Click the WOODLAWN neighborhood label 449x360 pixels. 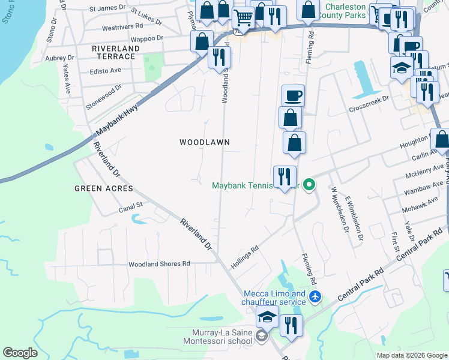click(x=205, y=142)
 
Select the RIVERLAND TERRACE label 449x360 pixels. click(x=113, y=52)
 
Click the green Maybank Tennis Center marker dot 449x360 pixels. click(x=309, y=185)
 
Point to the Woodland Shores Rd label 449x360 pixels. click(x=159, y=263)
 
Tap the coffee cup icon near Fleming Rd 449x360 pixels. click(x=293, y=95)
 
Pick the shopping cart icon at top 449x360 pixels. click(x=243, y=17)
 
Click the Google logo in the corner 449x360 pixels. click(x=20, y=353)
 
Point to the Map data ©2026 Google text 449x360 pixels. click(x=411, y=355)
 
